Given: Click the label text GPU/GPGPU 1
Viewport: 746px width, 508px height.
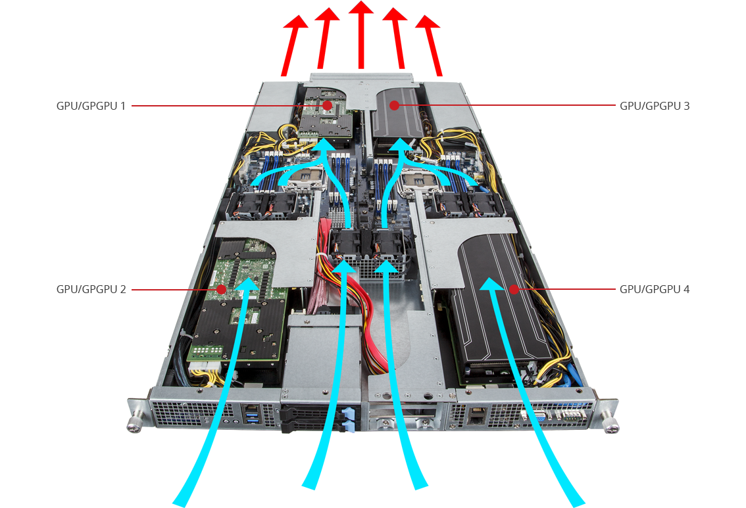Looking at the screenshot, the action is [x=91, y=106].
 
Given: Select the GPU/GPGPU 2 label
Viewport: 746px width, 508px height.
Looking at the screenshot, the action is [x=91, y=289].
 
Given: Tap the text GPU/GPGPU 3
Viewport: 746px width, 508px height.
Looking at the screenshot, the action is [x=654, y=106].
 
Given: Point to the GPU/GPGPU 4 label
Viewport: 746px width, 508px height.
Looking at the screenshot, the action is [x=654, y=289].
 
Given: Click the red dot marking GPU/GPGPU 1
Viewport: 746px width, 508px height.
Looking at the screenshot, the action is [x=327, y=105].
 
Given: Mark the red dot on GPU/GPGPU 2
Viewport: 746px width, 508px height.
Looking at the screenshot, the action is [x=221, y=289].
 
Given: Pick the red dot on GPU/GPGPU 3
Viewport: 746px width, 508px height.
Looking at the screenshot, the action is [x=395, y=105].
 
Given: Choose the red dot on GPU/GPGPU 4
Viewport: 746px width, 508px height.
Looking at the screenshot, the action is [x=514, y=289].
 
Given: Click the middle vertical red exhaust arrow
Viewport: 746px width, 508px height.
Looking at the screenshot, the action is [x=361, y=35].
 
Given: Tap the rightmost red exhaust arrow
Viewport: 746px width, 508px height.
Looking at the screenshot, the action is [x=430, y=45].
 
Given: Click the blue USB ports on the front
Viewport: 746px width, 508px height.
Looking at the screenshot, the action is [x=251, y=418].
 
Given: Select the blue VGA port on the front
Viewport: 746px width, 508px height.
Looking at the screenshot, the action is [x=541, y=417].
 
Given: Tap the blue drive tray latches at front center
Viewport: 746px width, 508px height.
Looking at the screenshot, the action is [x=348, y=420].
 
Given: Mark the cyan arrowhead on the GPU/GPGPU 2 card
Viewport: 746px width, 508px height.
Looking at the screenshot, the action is [x=248, y=284].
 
